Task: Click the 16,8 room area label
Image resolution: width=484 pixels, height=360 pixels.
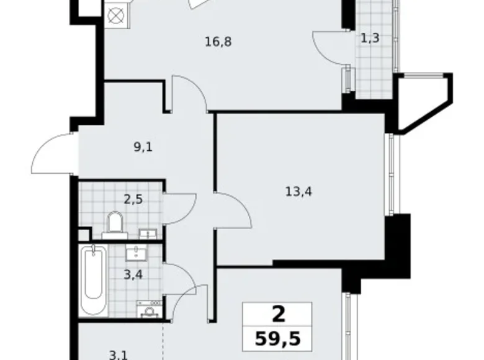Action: click(215, 42)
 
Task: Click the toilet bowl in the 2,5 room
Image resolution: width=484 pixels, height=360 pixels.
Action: click(115, 225)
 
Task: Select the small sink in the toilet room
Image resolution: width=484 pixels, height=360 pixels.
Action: click(147, 233)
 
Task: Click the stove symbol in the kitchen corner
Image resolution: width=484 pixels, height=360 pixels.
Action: click(115, 15)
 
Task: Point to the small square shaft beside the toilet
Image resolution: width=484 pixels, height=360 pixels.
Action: click(84, 234)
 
